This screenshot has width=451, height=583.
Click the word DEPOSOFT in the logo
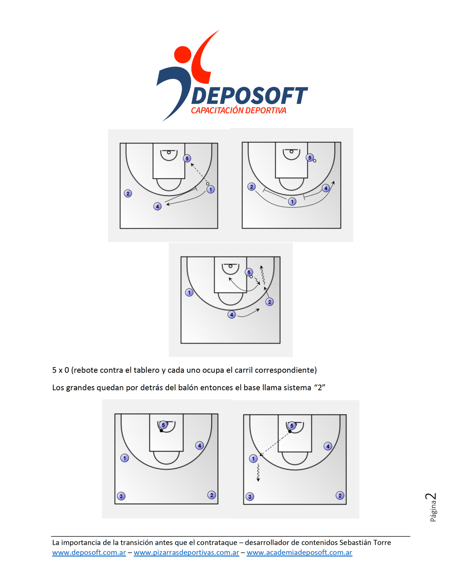[x=249, y=96]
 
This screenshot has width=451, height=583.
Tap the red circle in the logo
[x=182, y=54]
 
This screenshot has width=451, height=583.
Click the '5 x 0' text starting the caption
[x=60, y=370]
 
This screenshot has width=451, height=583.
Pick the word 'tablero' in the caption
[x=147, y=370]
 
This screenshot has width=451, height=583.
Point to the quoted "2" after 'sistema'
[x=320, y=387]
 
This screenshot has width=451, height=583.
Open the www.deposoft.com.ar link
[x=89, y=552]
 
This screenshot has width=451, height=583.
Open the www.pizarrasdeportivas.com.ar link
[x=186, y=552]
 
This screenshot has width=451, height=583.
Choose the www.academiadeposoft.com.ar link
[x=299, y=552]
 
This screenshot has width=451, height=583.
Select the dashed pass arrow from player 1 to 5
[x=200, y=173]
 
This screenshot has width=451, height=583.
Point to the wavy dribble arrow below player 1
[x=258, y=473]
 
